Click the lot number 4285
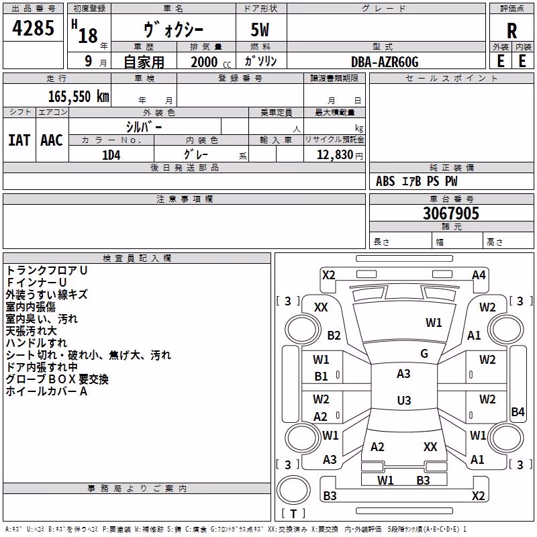pyautogui.click(x=33, y=28)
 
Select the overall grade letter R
pyautogui.click(x=511, y=31)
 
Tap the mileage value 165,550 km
pyautogui.click(x=79, y=97)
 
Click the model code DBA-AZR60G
pyautogui.click(x=385, y=62)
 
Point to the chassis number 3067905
pyautogui.click(x=450, y=213)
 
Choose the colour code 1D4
pyautogui.click(x=111, y=155)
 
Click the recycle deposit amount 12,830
pyautogui.click(x=334, y=155)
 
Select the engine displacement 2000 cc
pyautogui.click(x=211, y=62)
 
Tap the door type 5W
pyautogui.click(x=260, y=30)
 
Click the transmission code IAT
pyautogui.click(x=19, y=140)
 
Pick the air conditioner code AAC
pyautogui.click(x=52, y=140)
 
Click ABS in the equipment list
pyautogui.click(x=385, y=181)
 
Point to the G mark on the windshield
pyautogui.click(x=424, y=354)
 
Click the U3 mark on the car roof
pyautogui.click(x=404, y=400)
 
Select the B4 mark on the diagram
pyautogui.click(x=518, y=411)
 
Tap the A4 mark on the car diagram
pyautogui.click(x=479, y=275)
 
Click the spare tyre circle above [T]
pyautogui.click(x=293, y=490)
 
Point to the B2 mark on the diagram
pyautogui.click(x=334, y=335)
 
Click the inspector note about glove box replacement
pyautogui.click(x=57, y=379)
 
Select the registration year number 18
pyautogui.click(x=88, y=36)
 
